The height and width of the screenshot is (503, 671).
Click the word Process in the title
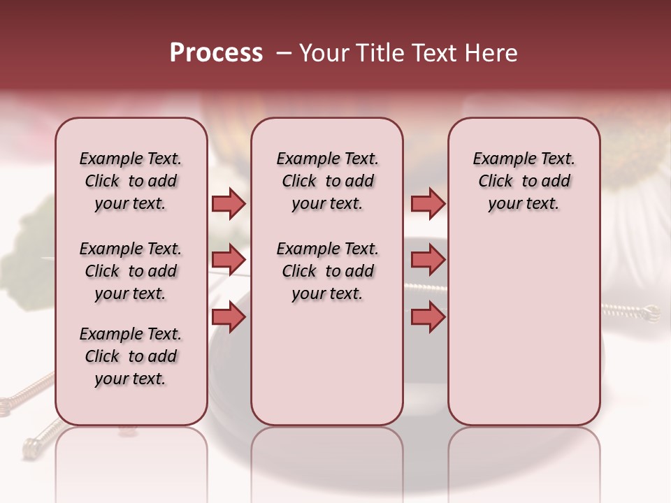[216, 53]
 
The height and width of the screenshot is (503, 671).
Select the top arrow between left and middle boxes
[229, 203]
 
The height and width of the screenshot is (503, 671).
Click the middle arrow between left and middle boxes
[229, 260]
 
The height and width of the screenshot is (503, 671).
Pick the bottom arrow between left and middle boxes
[229, 317]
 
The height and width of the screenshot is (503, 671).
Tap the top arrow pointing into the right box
[428, 203]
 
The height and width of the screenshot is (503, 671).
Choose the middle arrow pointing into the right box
[428, 260]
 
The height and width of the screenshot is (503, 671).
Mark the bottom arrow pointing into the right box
[428, 317]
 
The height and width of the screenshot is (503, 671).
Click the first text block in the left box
[130, 181]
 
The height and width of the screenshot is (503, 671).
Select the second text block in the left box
[130, 271]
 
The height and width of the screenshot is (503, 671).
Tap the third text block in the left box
[130, 356]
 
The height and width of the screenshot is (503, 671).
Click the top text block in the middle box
[327, 181]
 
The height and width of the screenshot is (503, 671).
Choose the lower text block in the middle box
[327, 271]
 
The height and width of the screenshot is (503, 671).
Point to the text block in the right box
[524, 181]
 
